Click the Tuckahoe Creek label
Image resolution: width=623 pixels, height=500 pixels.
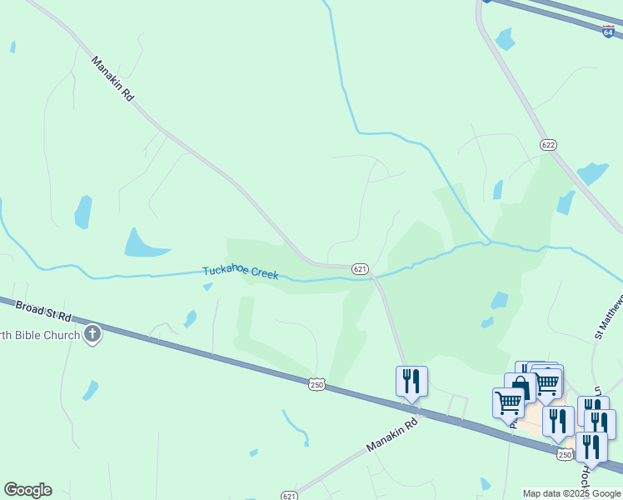[241, 272]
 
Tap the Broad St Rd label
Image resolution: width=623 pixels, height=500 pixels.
[43, 313]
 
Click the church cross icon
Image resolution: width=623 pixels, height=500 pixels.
[92, 335]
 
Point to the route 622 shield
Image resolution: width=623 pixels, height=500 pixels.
[547, 145]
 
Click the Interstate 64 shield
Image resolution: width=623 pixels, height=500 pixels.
[609, 32]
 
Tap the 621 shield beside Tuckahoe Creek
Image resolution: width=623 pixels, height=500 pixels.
[360, 269]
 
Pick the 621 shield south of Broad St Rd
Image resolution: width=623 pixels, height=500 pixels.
[288, 496]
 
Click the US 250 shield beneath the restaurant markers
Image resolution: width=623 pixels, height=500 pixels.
[566, 454]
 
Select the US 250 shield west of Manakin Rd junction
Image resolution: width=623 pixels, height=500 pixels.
[316, 384]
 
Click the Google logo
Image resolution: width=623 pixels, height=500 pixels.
[27, 490]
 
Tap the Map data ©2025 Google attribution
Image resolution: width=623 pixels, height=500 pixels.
[572, 493]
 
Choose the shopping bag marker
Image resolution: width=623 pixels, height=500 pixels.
[521, 386]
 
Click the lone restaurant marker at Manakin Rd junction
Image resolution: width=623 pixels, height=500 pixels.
[411, 382]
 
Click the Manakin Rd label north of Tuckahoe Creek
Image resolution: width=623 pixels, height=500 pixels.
[113, 78]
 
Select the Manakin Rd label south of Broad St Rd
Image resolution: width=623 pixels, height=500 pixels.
[391, 437]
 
